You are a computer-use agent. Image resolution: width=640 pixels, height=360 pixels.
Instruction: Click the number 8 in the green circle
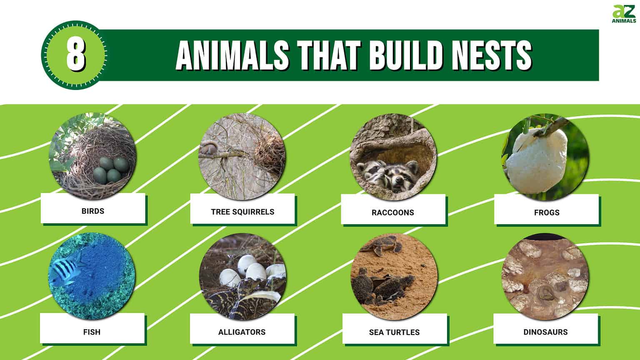tap(76, 55)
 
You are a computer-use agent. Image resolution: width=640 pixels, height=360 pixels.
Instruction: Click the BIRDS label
tap(93, 211)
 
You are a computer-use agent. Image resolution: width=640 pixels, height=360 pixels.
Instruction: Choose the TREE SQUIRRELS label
tap(242, 212)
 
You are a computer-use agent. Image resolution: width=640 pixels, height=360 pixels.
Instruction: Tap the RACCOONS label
tap(393, 212)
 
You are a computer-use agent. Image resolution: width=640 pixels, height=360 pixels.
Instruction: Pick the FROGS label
tap(547, 212)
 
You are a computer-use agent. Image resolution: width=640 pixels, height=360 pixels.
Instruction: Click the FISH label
tap(92, 332)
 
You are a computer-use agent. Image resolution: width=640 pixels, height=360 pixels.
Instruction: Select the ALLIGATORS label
tap(242, 332)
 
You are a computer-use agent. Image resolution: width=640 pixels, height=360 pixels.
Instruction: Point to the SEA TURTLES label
tap(394, 332)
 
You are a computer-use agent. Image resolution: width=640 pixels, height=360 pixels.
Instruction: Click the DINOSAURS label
tap(545, 332)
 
